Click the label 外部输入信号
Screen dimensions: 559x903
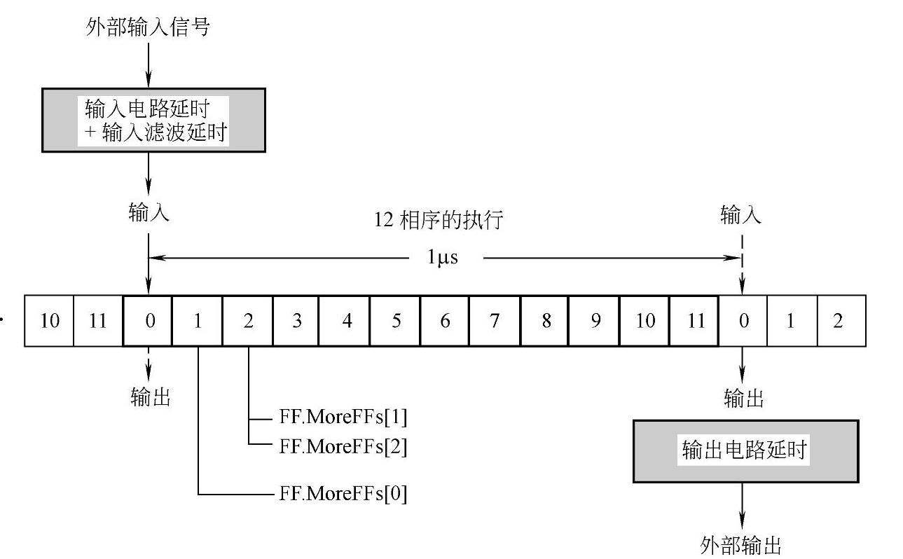pyautogui.click(x=147, y=27)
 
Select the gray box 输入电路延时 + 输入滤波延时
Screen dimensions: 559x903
pyautogui.click(x=153, y=120)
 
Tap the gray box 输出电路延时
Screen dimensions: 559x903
pyautogui.click(x=745, y=451)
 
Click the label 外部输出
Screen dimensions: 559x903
pyautogui.click(x=740, y=544)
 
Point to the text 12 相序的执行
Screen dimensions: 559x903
pyautogui.click(x=439, y=220)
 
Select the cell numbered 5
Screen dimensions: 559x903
pyautogui.click(x=396, y=321)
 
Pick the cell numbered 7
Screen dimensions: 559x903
pyautogui.click(x=495, y=321)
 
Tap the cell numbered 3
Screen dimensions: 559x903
pyautogui.click(x=296, y=321)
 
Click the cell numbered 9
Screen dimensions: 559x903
pyautogui.click(x=594, y=321)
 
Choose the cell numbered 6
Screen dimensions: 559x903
pyautogui.click(x=445, y=321)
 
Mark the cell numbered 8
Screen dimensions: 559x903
pyautogui.click(x=545, y=321)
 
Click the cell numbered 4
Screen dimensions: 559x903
pyautogui.click(x=345, y=321)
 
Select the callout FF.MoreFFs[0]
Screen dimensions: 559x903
pyautogui.click(x=343, y=494)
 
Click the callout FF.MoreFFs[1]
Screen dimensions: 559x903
pyautogui.click(x=343, y=418)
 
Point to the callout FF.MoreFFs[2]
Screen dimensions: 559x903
pyautogui.click(x=343, y=446)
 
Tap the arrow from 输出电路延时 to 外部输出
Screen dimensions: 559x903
pyautogui.click(x=742, y=506)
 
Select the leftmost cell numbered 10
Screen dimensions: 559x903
pyautogui.click(x=49, y=321)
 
